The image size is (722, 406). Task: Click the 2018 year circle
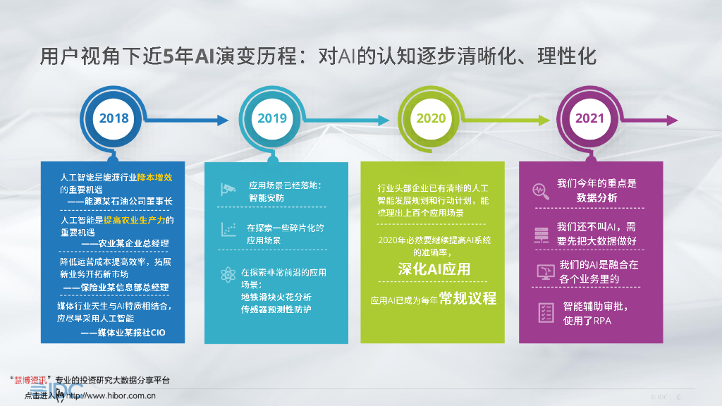tap(114, 118)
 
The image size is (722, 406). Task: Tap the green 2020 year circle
tap(431, 118)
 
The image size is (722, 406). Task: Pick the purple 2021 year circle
tap(589, 118)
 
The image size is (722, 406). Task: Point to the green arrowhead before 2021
tap(541, 120)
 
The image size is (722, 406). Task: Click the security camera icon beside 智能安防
tap(228, 189)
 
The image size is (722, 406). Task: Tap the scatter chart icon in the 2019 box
tap(228, 230)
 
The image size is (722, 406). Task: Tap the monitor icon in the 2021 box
tap(545, 271)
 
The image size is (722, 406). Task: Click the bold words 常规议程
tap(467, 298)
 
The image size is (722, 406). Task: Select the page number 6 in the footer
tap(678, 397)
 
